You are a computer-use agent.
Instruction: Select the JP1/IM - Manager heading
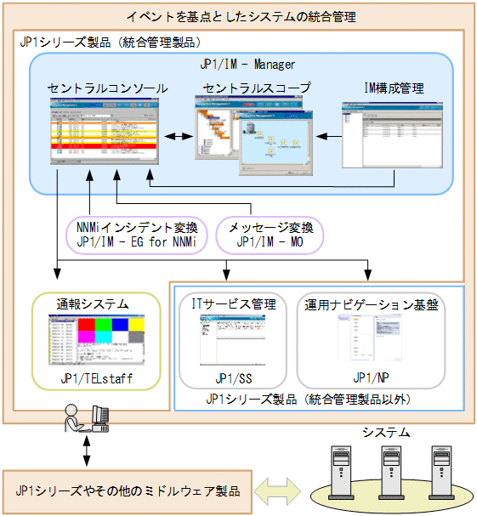click(x=247, y=64)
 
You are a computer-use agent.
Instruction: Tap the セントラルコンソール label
click(x=107, y=88)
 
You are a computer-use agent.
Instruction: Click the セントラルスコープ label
click(x=257, y=88)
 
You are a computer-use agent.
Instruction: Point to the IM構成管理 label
click(x=393, y=88)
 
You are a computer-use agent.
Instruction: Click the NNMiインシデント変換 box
click(x=137, y=235)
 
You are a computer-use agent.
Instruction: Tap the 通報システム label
click(x=94, y=303)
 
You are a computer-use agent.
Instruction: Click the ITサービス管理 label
click(x=234, y=303)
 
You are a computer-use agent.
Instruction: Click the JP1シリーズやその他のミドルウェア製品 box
click(x=128, y=490)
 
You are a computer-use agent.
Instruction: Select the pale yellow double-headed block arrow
click(x=278, y=490)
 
